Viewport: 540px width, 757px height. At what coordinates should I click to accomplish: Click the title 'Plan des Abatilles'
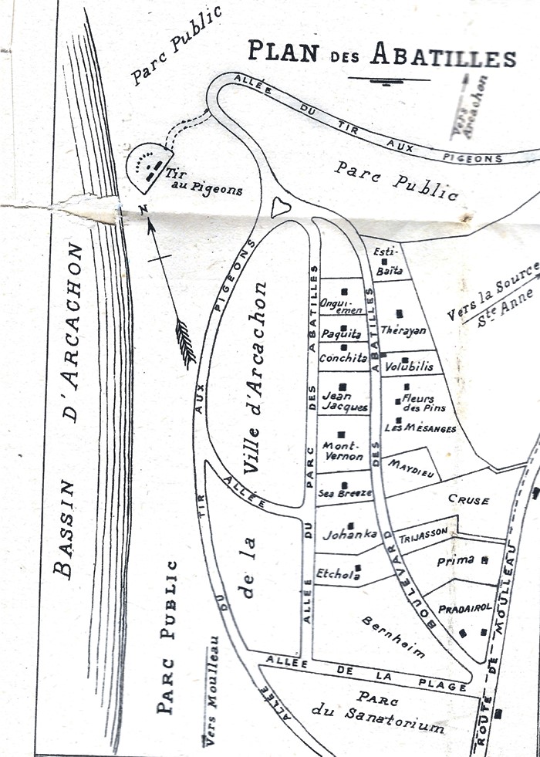point(381,56)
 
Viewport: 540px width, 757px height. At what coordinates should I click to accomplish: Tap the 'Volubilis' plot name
point(409,366)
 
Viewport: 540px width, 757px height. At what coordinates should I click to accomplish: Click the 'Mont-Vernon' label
point(343,451)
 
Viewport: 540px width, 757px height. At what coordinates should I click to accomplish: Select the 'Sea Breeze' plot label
point(346,492)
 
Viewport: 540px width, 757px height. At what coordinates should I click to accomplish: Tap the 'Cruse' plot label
point(468,500)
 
